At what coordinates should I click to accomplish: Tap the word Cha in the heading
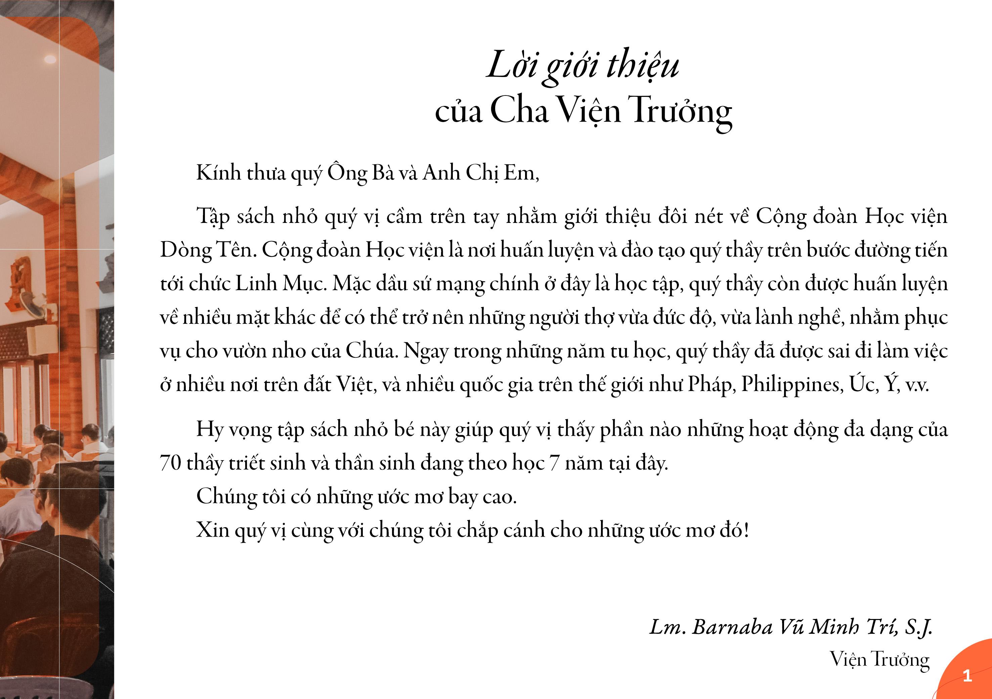[x=520, y=110]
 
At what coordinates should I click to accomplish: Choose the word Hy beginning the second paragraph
[x=210, y=430]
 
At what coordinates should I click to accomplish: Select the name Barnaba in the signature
[x=732, y=627]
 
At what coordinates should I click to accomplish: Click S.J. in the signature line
[x=918, y=627]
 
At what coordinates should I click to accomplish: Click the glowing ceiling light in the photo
[x=50, y=59]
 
